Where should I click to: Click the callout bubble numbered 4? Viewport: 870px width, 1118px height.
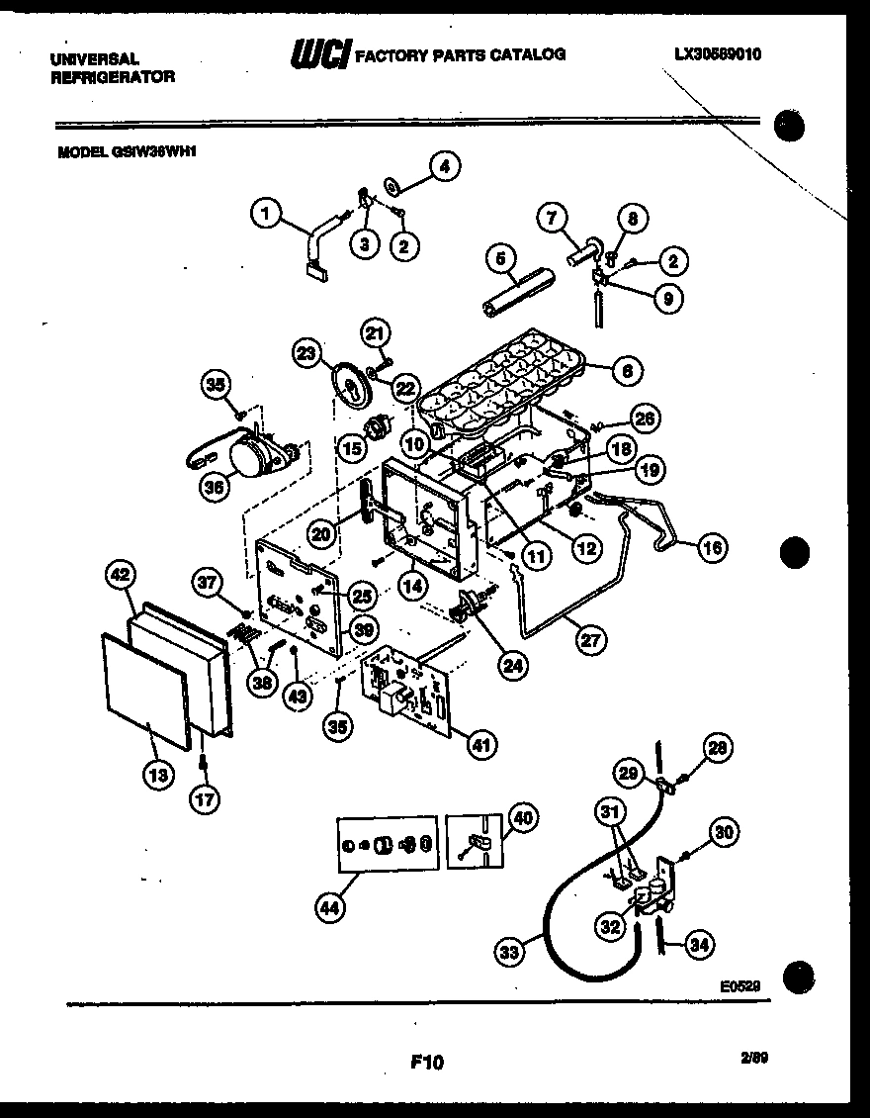point(444,168)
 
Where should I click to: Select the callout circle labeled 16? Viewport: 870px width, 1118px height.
point(713,546)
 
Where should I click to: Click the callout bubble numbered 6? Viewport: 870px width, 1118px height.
point(626,371)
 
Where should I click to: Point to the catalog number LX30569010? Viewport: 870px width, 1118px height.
point(711,54)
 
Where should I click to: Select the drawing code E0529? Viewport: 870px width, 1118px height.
point(740,986)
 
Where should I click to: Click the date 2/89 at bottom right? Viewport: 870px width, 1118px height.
point(754,1057)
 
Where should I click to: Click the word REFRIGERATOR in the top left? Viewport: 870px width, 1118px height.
point(112,77)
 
